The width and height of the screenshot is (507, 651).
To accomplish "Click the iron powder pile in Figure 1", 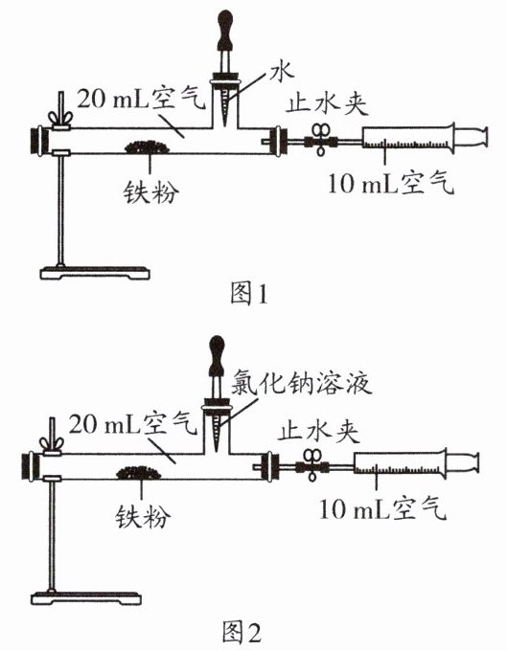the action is (148, 146).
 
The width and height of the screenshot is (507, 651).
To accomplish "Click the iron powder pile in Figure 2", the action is (139, 473).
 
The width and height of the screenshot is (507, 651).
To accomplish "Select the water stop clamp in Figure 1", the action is (320, 141).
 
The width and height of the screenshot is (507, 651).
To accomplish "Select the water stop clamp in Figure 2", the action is (311, 466).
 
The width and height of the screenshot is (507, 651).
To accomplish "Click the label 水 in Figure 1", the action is (282, 72).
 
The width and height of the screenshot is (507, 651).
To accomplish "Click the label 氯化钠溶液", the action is (301, 383).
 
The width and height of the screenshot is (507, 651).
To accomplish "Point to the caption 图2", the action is (241, 632).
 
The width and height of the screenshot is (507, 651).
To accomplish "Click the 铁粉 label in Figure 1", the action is (151, 192).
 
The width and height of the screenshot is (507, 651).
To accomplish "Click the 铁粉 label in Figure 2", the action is (143, 517).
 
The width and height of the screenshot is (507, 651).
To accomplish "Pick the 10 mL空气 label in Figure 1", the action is (391, 184).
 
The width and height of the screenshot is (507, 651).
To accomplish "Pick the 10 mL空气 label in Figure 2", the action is (382, 509).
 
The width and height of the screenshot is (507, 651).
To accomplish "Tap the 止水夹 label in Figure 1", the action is (327, 103).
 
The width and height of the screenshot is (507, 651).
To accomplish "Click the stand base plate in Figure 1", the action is (95, 274).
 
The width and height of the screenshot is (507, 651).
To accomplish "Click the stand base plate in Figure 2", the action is (86, 598).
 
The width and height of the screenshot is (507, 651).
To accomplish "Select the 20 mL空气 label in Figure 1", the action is (141, 99).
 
